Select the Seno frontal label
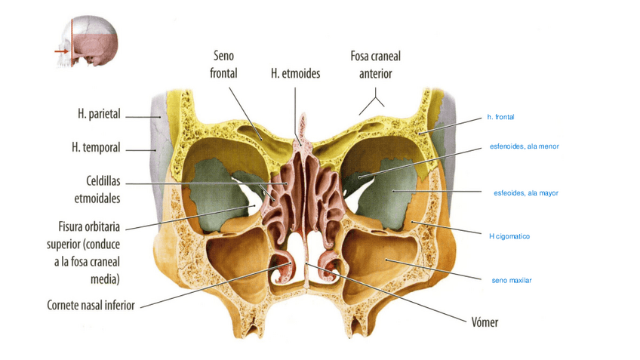(x=223, y=65)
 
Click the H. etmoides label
(x=295, y=73)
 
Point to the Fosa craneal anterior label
(x=375, y=65)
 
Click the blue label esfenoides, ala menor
(x=525, y=146)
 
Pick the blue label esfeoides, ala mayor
(x=525, y=193)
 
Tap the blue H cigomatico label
(x=509, y=236)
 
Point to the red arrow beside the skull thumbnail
(x=60, y=51)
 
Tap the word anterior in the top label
(x=375, y=73)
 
